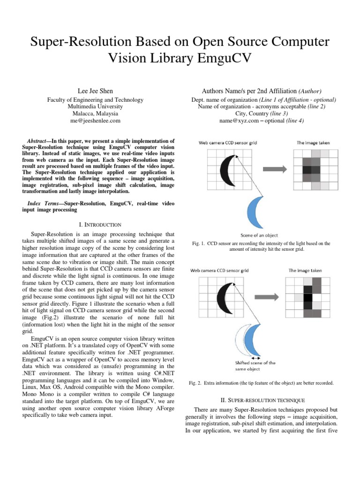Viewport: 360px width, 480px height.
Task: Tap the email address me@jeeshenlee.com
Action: (x=96, y=120)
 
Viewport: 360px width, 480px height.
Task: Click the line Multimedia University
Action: (x=96, y=106)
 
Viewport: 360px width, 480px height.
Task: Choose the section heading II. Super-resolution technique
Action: (x=262, y=400)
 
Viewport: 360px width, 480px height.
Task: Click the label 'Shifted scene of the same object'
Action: (x=255, y=366)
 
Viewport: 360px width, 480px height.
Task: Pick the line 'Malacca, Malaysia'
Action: (x=96, y=113)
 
